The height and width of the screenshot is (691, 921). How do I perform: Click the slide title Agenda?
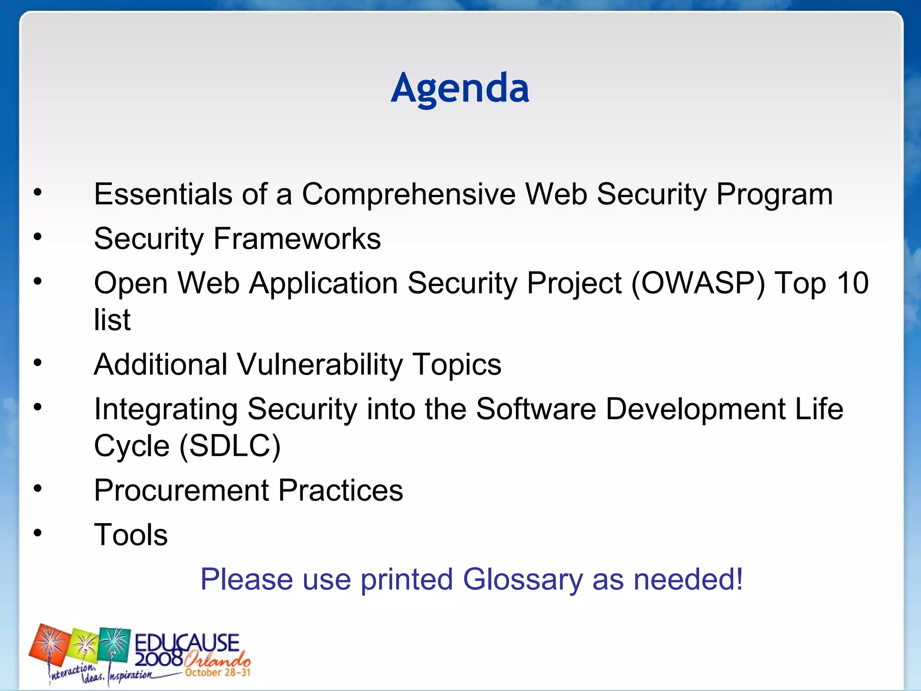[x=460, y=88]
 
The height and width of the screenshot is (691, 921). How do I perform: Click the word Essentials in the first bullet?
[x=163, y=194]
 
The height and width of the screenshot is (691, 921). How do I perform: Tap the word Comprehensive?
[x=408, y=194]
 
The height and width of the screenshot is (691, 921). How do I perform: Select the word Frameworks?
[x=297, y=238]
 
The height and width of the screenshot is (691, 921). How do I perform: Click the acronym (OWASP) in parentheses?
[x=698, y=283]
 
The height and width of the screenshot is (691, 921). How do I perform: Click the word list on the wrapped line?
[x=112, y=320]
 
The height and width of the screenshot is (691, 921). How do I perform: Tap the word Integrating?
[x=165, y=409]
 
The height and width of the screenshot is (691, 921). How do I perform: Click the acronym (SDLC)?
[x=230, y=446]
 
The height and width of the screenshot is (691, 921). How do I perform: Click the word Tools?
[x=131, y=535]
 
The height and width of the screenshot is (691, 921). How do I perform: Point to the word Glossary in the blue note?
[x=523, y=579]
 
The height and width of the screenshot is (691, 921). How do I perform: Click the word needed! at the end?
[x=688, y=579]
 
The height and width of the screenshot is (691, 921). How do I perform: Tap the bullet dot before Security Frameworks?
[x=38, y=237]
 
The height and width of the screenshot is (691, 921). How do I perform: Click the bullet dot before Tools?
[x=38, y=533]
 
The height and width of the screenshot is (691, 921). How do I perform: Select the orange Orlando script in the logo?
[x=217, y=660]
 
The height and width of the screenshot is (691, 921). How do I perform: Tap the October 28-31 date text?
[x=218, y=673]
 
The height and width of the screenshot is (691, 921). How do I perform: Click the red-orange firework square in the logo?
[x=49, y=645]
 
